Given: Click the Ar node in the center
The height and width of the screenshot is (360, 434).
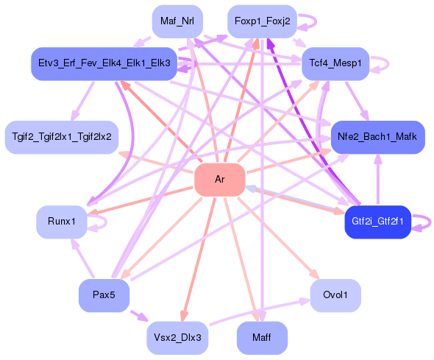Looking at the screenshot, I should (x=219, y=180).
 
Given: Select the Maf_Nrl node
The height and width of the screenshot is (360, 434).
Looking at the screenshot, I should (x=177, y=21).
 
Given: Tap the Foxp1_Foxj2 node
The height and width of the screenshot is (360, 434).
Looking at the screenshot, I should (x=263, y=21).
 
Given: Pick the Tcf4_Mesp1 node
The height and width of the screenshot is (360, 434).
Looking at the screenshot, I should (x=335, y=64).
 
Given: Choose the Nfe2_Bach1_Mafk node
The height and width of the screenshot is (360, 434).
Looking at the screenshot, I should (x=377, y=138).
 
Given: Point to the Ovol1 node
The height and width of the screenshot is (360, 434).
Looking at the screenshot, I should (x=335, y=294).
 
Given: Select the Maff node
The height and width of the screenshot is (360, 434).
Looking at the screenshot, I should (x=262, y=338).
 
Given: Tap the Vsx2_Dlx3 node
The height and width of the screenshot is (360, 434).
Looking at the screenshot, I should (x=177, y=338).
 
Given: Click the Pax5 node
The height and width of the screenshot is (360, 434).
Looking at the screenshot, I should (x=104, y=295).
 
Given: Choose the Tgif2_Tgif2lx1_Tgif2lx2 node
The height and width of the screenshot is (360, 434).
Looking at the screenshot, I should (x=62, y=138).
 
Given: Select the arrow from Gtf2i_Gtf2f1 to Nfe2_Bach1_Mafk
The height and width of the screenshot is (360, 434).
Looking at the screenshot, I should (x=377, y=180).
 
